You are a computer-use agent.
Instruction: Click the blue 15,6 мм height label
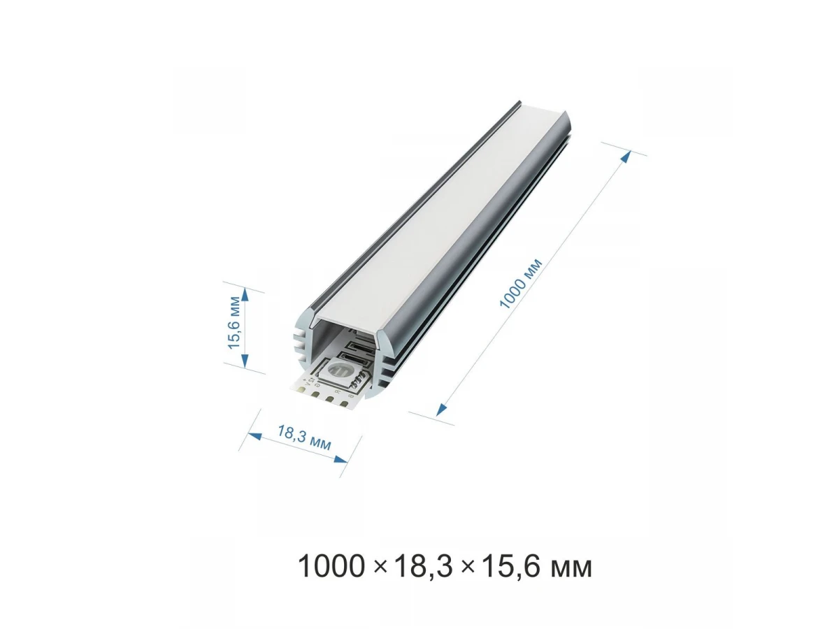[x=234, y=323]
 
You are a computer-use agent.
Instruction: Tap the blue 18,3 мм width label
[x=304, y=438]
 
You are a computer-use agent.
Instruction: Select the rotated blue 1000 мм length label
[x=521, y=283]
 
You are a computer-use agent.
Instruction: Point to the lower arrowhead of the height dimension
[x=245, y=360]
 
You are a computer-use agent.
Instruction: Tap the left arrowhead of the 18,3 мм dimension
[x=255, y=435]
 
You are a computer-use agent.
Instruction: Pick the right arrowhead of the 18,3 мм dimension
[x=340, y=458]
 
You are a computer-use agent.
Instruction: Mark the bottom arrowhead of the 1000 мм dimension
[x=441, y=410]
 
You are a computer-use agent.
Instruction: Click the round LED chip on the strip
[x=337, y=370]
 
